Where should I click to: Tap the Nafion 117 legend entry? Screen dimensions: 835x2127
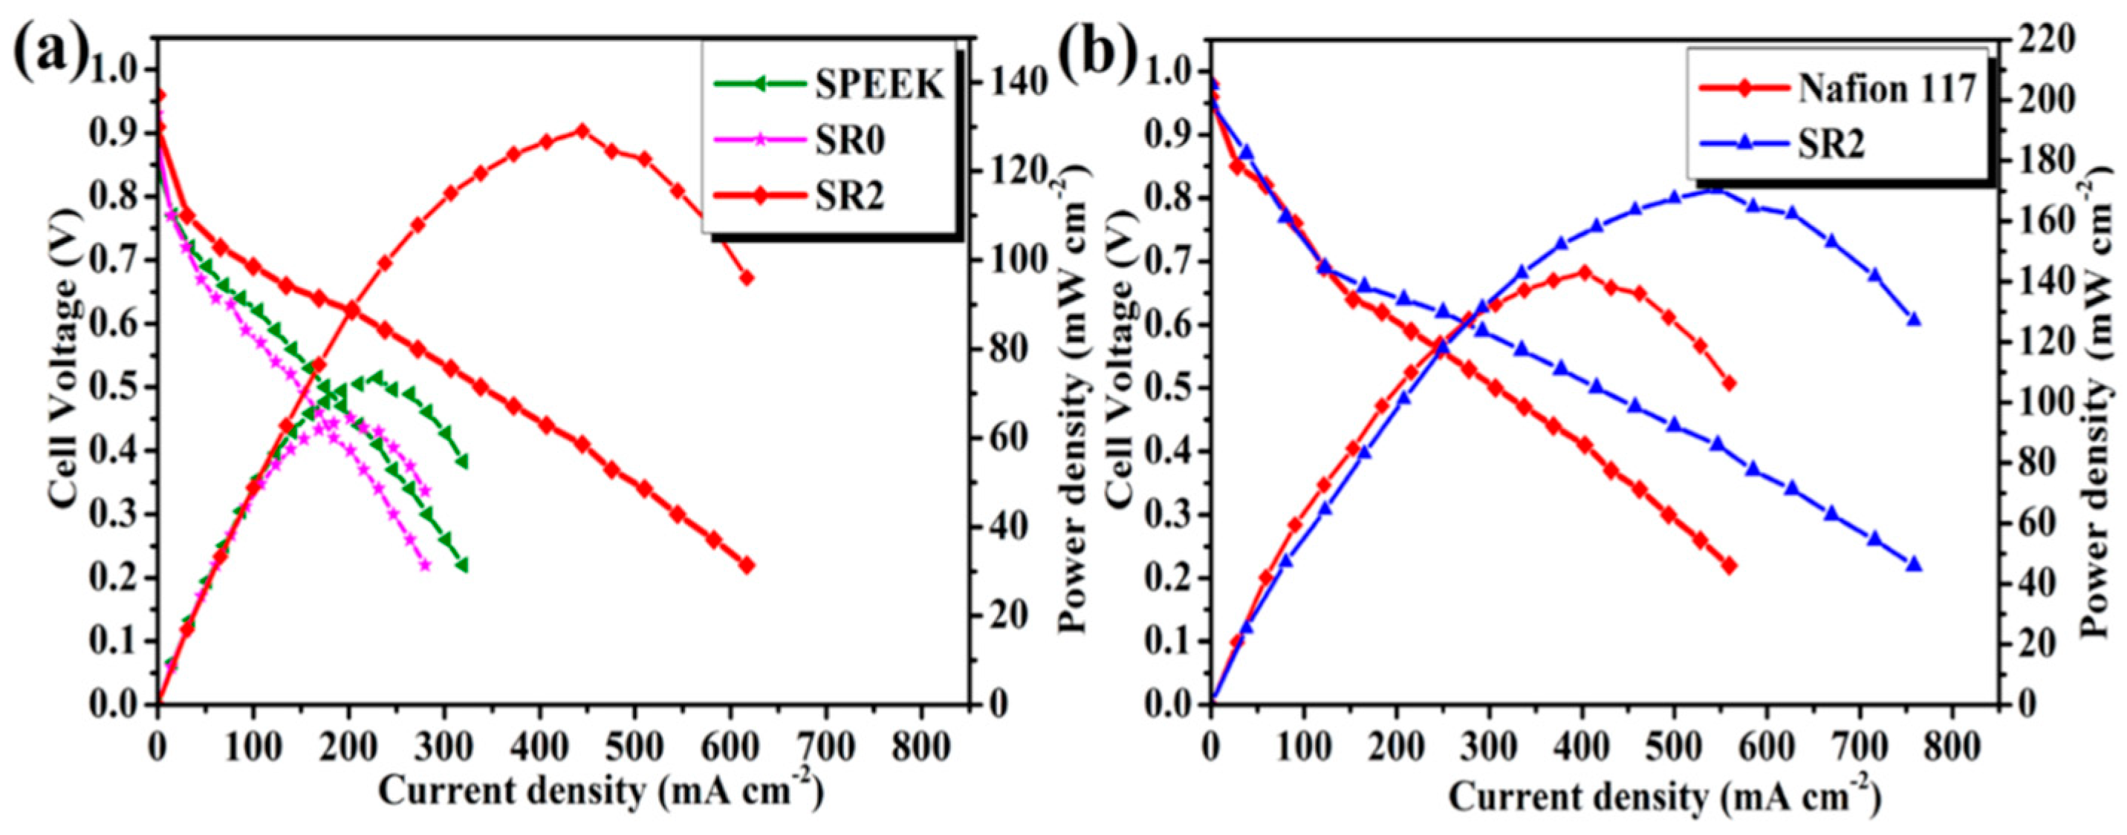pyautogui.click(x=1887, y=90)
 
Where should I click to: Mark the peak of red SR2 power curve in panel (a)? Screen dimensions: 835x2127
pyautogui.click(x=581, y=131)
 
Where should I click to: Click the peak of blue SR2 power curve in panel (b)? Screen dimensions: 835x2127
pyautogui.click(x=1711, y=191)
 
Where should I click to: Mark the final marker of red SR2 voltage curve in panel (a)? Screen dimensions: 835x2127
pyautogui.click(x=747, y=565)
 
